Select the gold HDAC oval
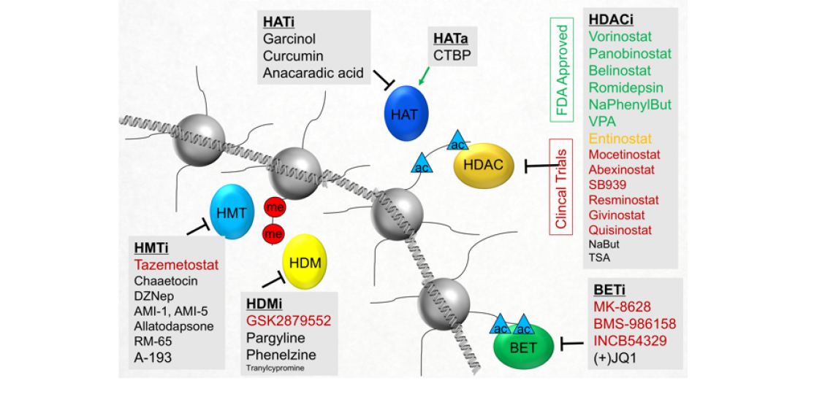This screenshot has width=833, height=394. coord(483,165)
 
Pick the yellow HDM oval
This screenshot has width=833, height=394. coord(304,260)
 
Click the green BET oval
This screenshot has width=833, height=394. coord(523,347)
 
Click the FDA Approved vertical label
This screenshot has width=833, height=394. coord(562,71)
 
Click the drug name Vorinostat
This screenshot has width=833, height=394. coord(620,36)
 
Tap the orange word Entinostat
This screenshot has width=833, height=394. coord(620,139)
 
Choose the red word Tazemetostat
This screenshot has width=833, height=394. coord(175,264)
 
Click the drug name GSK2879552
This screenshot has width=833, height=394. coord(289,321)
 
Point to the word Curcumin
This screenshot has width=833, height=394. coord(293,55)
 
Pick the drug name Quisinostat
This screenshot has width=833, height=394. coord(620,230)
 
